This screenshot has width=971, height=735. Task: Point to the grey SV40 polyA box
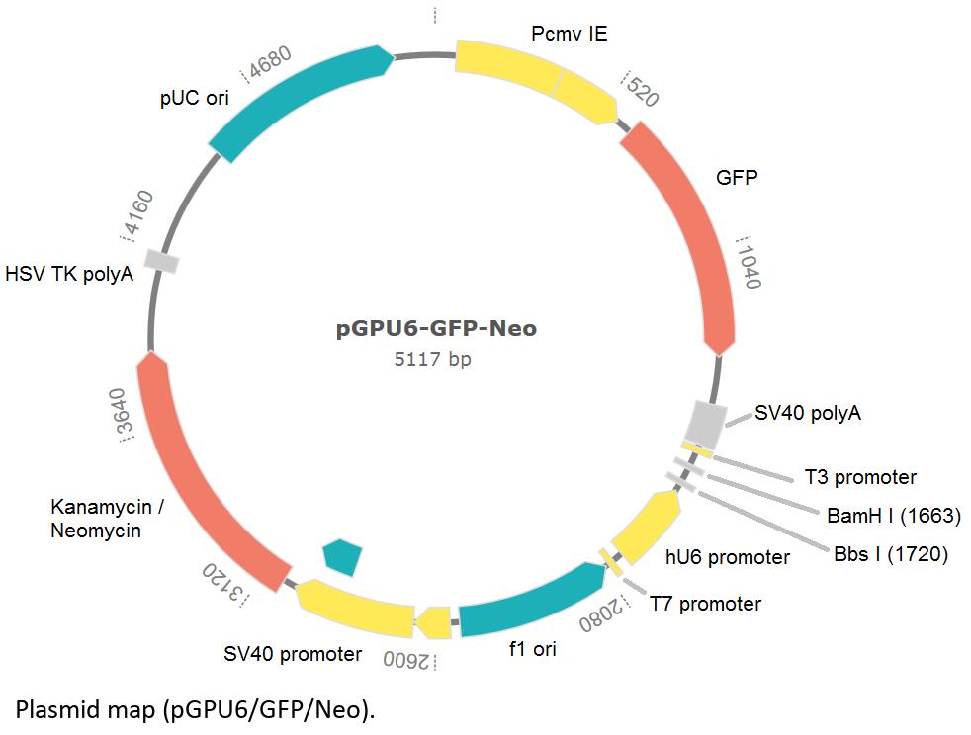click(x=704, y=423)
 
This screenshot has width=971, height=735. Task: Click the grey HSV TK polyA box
click(x=161, y=261)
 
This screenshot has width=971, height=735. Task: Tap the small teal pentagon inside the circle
click(x=343, y=555)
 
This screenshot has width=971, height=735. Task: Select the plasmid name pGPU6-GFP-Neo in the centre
click(x=436, y=328)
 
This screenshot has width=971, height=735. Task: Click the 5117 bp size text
click(x=432, y=359)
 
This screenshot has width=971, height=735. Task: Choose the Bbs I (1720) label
click(x=890, y=554)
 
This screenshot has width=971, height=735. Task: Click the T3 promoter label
click(x=860, y=478)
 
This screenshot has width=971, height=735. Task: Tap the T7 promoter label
click(x=705, y=603)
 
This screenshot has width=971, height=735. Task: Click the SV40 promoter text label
click(x=293, y=654)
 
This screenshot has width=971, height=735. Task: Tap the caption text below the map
click(x=196, y=708)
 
